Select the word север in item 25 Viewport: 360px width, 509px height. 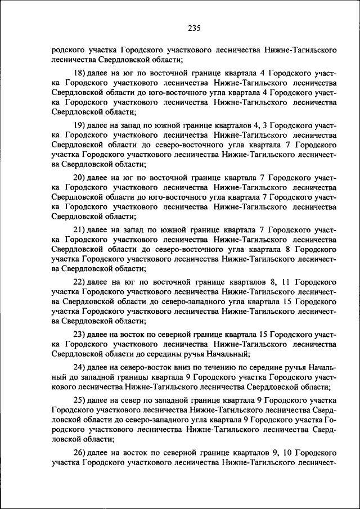tap(127, 399)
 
